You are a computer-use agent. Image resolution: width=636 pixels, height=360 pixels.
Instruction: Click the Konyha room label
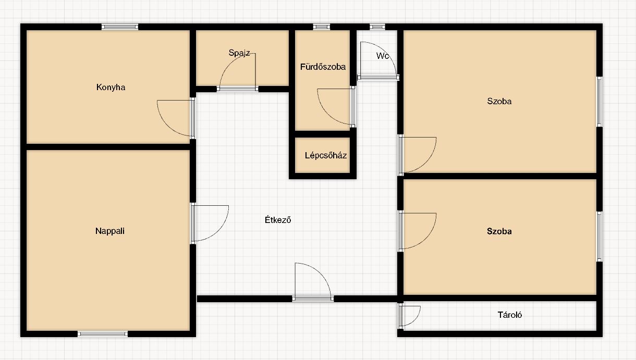[111, 87]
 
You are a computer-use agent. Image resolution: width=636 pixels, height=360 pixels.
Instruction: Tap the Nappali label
[110, 231]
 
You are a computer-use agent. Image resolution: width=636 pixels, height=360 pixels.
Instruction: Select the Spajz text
[239, 53]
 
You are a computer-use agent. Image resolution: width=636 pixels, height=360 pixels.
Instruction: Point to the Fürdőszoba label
[323, 67]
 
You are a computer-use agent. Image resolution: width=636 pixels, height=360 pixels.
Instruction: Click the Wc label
[383, 56]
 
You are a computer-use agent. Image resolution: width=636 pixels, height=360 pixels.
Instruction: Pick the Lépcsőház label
[326, 155]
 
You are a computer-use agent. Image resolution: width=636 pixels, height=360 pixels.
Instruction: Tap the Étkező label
[278, 220]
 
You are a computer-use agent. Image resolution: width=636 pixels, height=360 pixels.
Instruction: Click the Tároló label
[510, 315]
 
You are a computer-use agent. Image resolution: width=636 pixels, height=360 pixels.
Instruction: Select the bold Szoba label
[499, 231]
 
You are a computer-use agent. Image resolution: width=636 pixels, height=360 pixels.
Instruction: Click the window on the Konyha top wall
[120, 27]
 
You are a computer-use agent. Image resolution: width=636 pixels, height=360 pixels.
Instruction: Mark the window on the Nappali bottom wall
[103, 334]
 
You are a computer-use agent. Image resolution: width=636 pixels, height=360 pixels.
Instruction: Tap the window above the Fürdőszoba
[322, 27]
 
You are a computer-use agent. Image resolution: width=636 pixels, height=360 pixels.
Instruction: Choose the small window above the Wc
[377, 27]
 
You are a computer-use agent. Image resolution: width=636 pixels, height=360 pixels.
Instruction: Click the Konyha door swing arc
[167, 126]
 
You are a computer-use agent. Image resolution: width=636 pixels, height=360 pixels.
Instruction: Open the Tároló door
[415, 320]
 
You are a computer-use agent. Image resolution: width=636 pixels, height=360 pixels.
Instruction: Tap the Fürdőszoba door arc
[326, 114]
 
